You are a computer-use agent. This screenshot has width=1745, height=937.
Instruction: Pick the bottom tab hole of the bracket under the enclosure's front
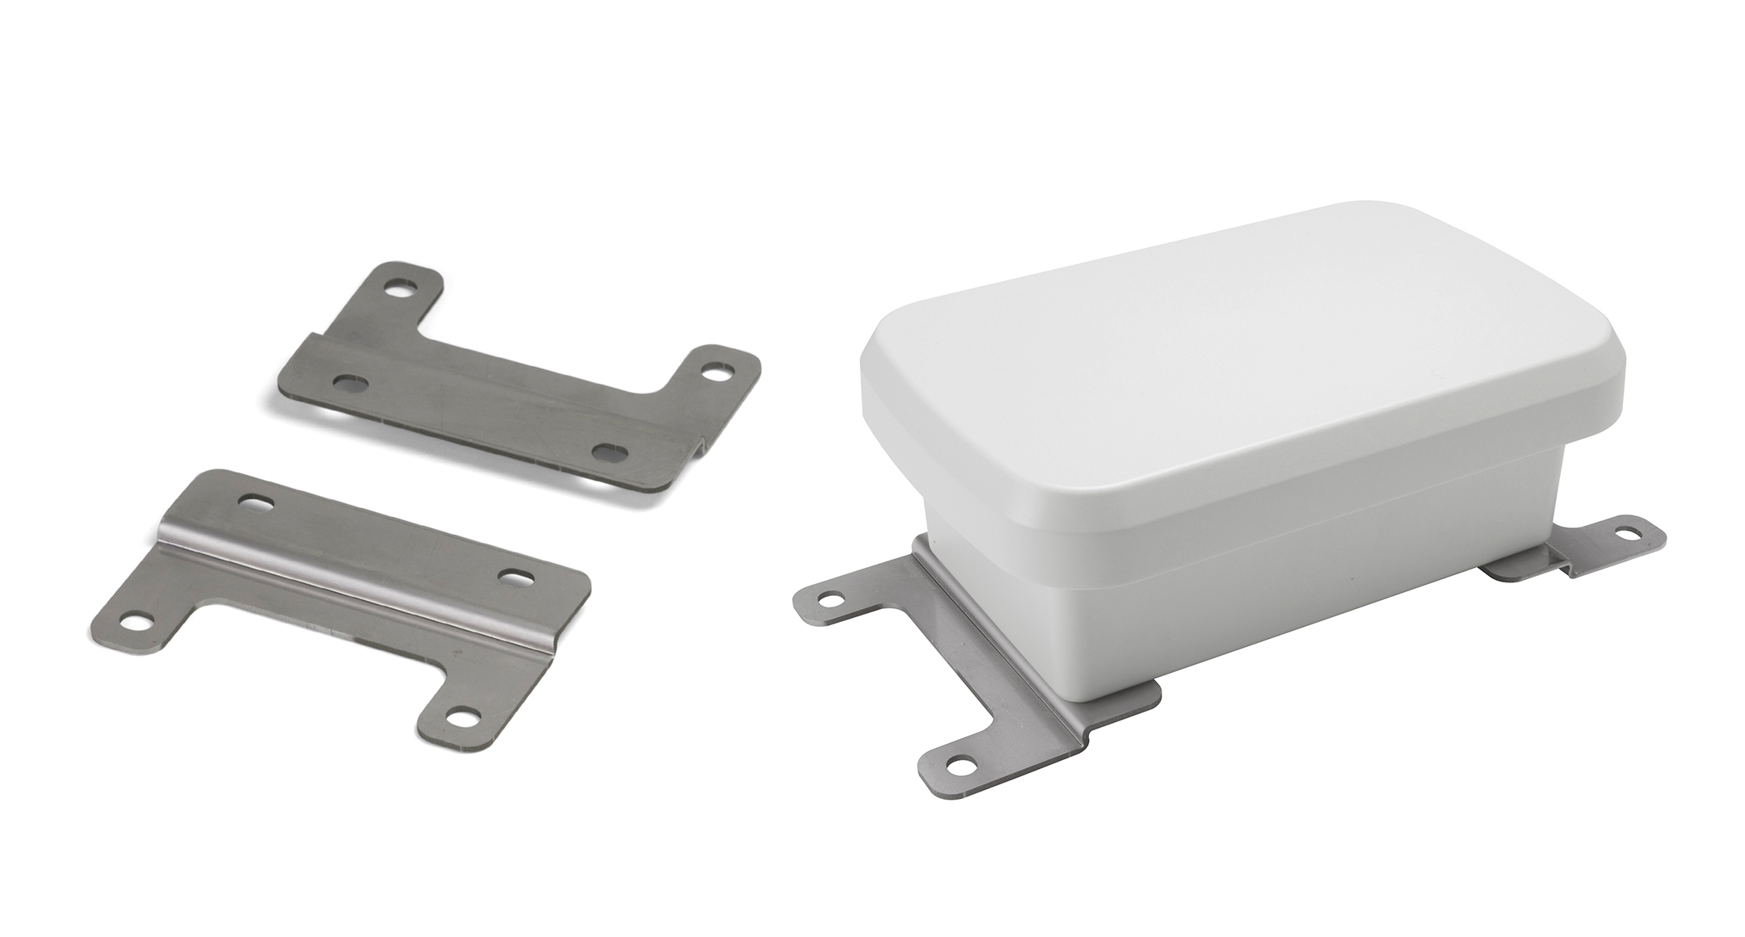pyautogui.click(x=959, y=762)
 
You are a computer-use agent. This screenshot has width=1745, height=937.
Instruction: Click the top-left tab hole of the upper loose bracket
pyautogui.click(x=398, y=287)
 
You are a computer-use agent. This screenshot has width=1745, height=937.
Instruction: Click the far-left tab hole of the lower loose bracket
pyautogui.click(x=137, y=622)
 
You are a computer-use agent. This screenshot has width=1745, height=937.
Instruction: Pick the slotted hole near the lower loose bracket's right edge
pyautogui.click(x=515, y=578)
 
